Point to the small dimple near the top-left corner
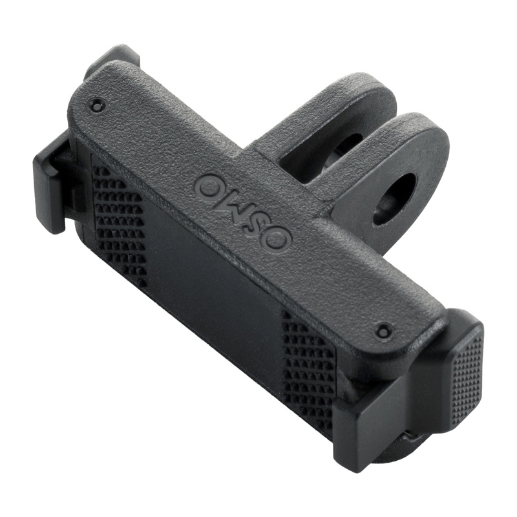[x=96, y=106]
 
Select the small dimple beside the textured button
[x=383, y=329]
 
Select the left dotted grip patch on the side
[x=120, y=222]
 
